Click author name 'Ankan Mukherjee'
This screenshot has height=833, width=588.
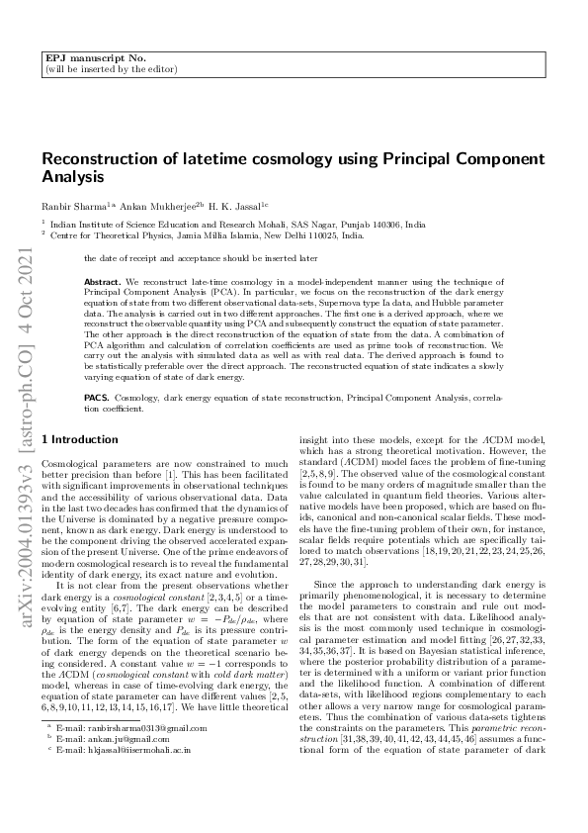coord(140,205)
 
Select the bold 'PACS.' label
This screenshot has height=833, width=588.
coord(97,396)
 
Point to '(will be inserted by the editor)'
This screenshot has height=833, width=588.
coord(111,70)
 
